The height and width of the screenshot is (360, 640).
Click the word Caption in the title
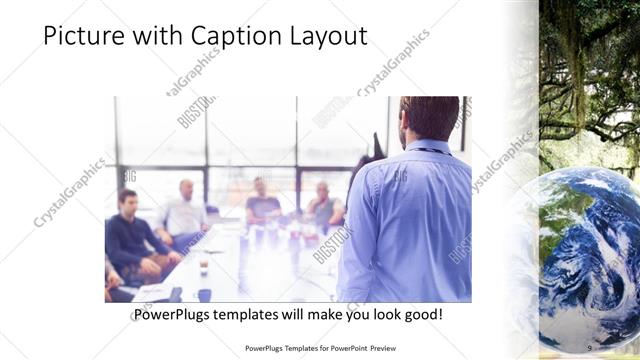213,36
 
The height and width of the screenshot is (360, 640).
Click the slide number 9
589,347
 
